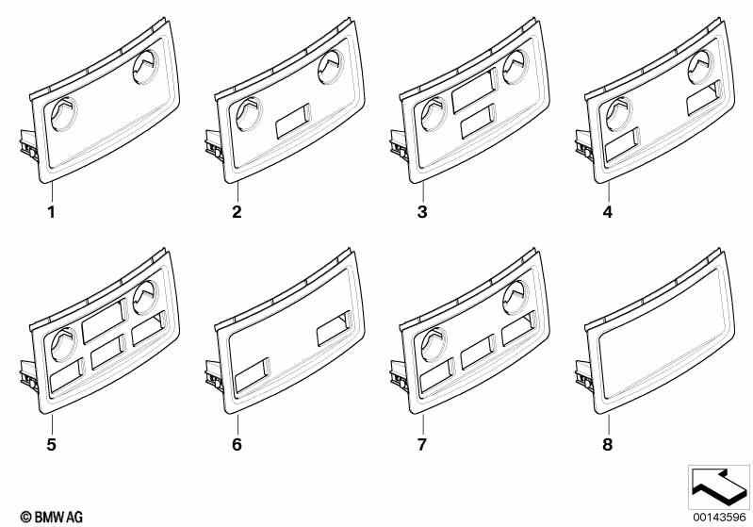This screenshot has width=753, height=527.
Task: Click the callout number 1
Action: pos(52,212)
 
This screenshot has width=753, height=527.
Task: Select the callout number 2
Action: pos(237,212)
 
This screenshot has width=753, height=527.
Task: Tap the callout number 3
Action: pos(422,212)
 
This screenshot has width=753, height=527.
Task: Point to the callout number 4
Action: pos(607,212)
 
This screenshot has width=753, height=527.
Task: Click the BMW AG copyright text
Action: pos(44,517)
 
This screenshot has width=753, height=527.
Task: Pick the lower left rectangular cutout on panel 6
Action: pos(252,374)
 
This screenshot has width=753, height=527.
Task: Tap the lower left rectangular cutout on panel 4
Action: pos(622,142)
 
